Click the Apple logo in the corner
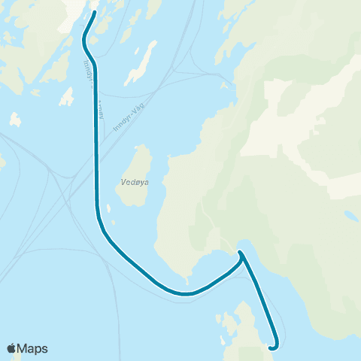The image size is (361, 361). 11,348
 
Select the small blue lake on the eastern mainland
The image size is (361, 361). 350,215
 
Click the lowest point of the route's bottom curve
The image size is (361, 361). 184,293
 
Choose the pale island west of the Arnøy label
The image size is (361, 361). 66,99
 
